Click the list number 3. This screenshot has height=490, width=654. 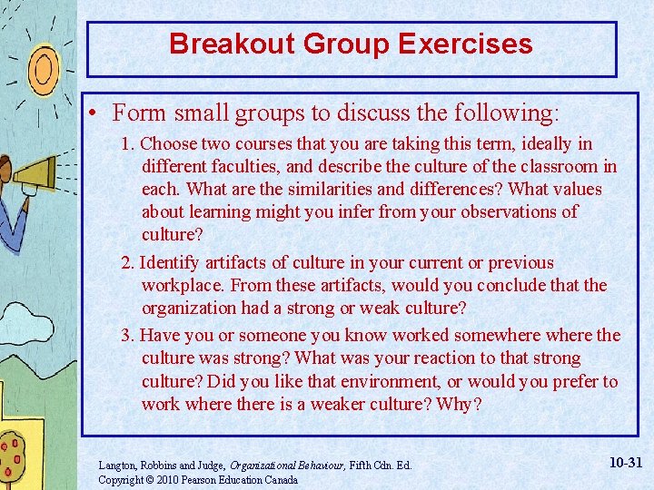click(x=128, y=335)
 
